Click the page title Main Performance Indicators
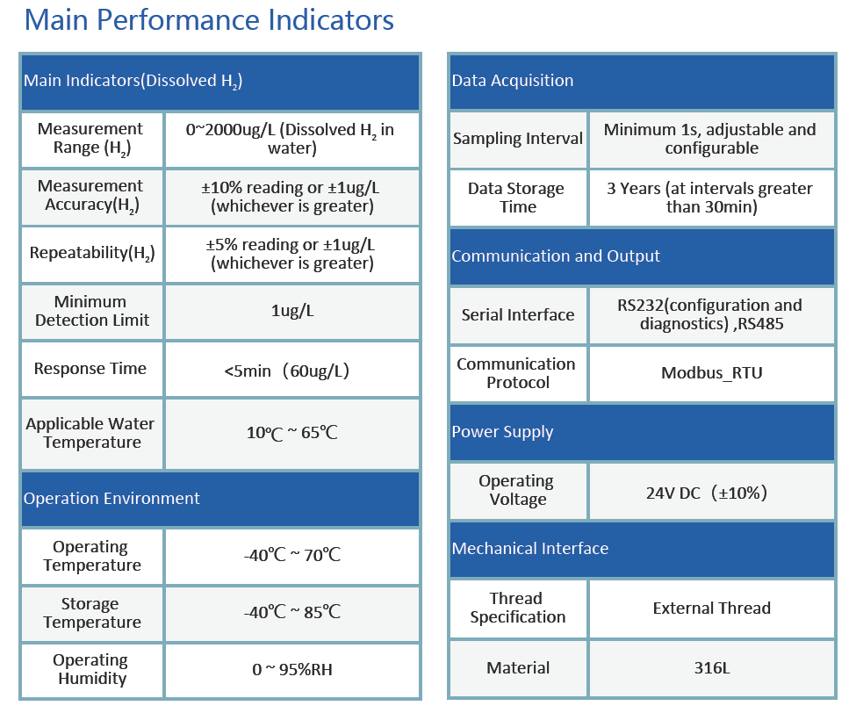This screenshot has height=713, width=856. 209,19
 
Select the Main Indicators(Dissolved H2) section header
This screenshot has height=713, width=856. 133,81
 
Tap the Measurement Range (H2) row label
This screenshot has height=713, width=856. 91,139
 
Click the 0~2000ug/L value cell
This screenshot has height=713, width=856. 291,139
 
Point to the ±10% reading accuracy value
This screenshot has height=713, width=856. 291,197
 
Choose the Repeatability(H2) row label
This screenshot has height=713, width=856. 91,254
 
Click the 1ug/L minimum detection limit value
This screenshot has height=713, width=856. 291,312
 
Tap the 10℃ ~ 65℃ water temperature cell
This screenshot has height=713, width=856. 291,433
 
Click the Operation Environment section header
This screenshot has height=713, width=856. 111,499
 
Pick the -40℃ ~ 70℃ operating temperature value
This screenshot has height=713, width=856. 291,556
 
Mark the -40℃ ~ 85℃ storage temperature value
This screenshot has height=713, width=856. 291,613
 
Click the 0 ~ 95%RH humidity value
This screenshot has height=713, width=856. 291,670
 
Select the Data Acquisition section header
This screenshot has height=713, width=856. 512,81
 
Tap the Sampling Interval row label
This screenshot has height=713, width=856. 517,139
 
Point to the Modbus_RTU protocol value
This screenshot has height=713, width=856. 711,373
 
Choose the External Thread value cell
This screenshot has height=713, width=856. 711,609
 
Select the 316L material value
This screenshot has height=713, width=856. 711,668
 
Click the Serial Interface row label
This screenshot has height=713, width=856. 517,315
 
